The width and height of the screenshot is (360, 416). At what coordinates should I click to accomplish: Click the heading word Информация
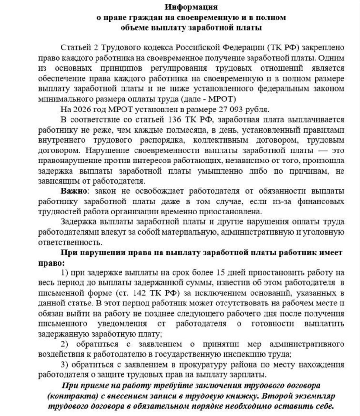point(191,7)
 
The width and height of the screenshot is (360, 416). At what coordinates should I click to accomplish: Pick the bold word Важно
point(73,191)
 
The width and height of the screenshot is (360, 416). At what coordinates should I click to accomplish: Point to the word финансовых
point(321,201)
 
